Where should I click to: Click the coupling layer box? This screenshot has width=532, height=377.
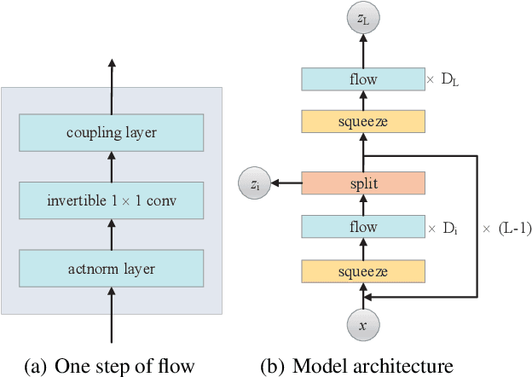pos(113,132)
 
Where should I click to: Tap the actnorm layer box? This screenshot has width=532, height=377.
pos(113,269)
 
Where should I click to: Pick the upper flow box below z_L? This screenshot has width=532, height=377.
pos(364,79)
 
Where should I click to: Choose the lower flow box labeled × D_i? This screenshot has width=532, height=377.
pos(364,228)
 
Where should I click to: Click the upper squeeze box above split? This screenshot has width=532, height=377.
pos(364,122)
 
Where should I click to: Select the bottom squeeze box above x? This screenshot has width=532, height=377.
pos(364,271)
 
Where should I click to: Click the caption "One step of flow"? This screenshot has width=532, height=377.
pos(125,366)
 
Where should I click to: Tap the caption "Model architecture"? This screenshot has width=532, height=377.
pos(373,366)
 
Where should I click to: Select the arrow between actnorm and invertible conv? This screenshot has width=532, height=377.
pos(113,235)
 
